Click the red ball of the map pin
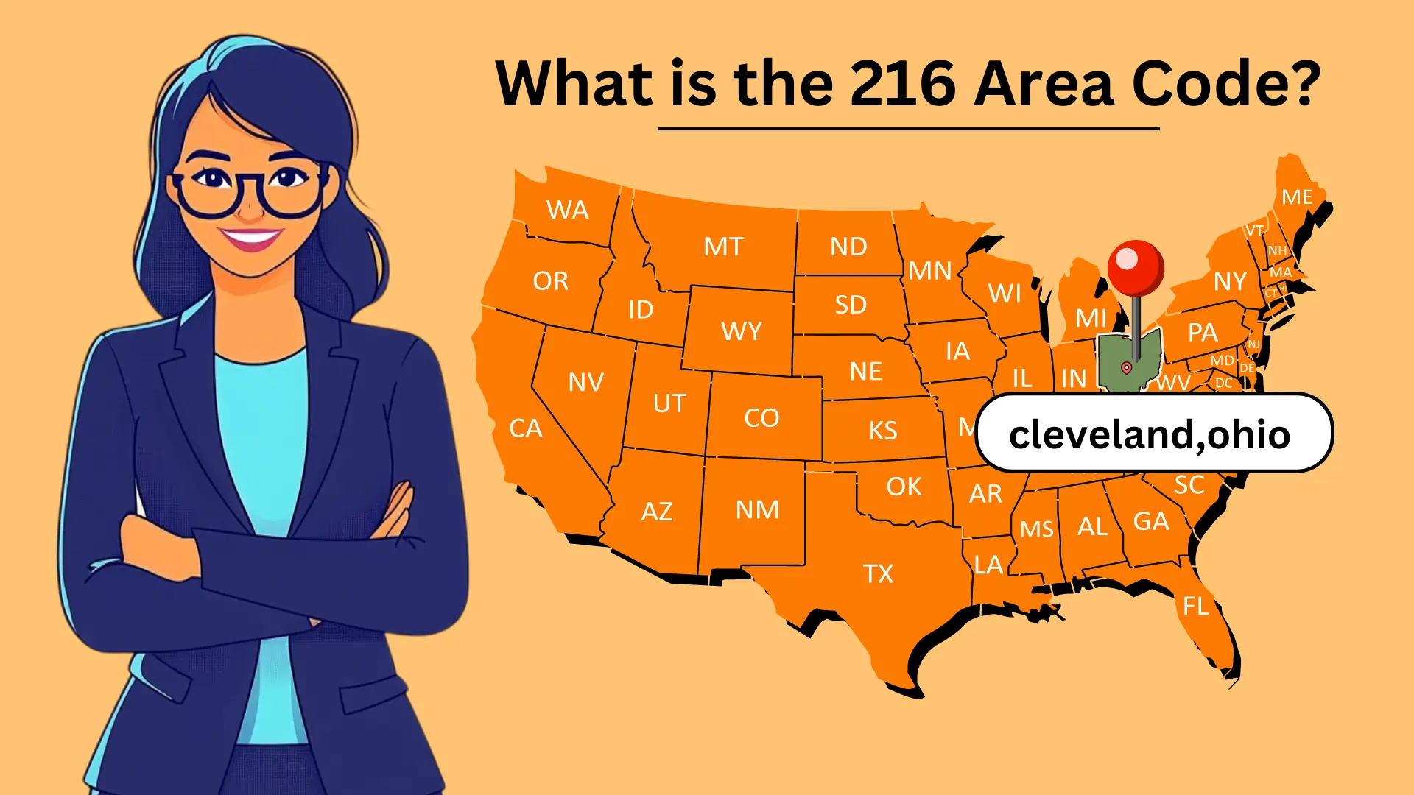pyautogui.click(x=1136, y=266)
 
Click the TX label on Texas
pyautogui.click(x=878, y=573)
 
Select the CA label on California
pyautogui.click(x=526, y=428)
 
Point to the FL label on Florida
pyautogui.click(x=1195, y=607)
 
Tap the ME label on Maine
pyautogui.click(x=1297, y=197)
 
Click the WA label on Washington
pyautogui.click(x=567, y=211)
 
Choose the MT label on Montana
pyautogui.click(x=723, y=247)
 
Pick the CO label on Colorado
pyautogui.click(x=761, y=418)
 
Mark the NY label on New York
pyautogui.click(x=1230, y=281)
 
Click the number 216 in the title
pyautogui.click(x=903, y=83)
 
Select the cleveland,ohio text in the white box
pyautogui.click(x=1149, y=434)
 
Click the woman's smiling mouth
pyautogui.click(x=250, y=239)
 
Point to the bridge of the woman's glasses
pyautogui.click(x=250, y=180)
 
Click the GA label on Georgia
pyautogui.click(x=1150, y=521)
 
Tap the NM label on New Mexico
pyautogui.click(x=757, y=509)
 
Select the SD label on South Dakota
pyautogui.click(x=851, y=305)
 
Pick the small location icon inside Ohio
pyautogui.click(x=1126, y=367)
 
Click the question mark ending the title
pyautogui.click(x=1305, y=83)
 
